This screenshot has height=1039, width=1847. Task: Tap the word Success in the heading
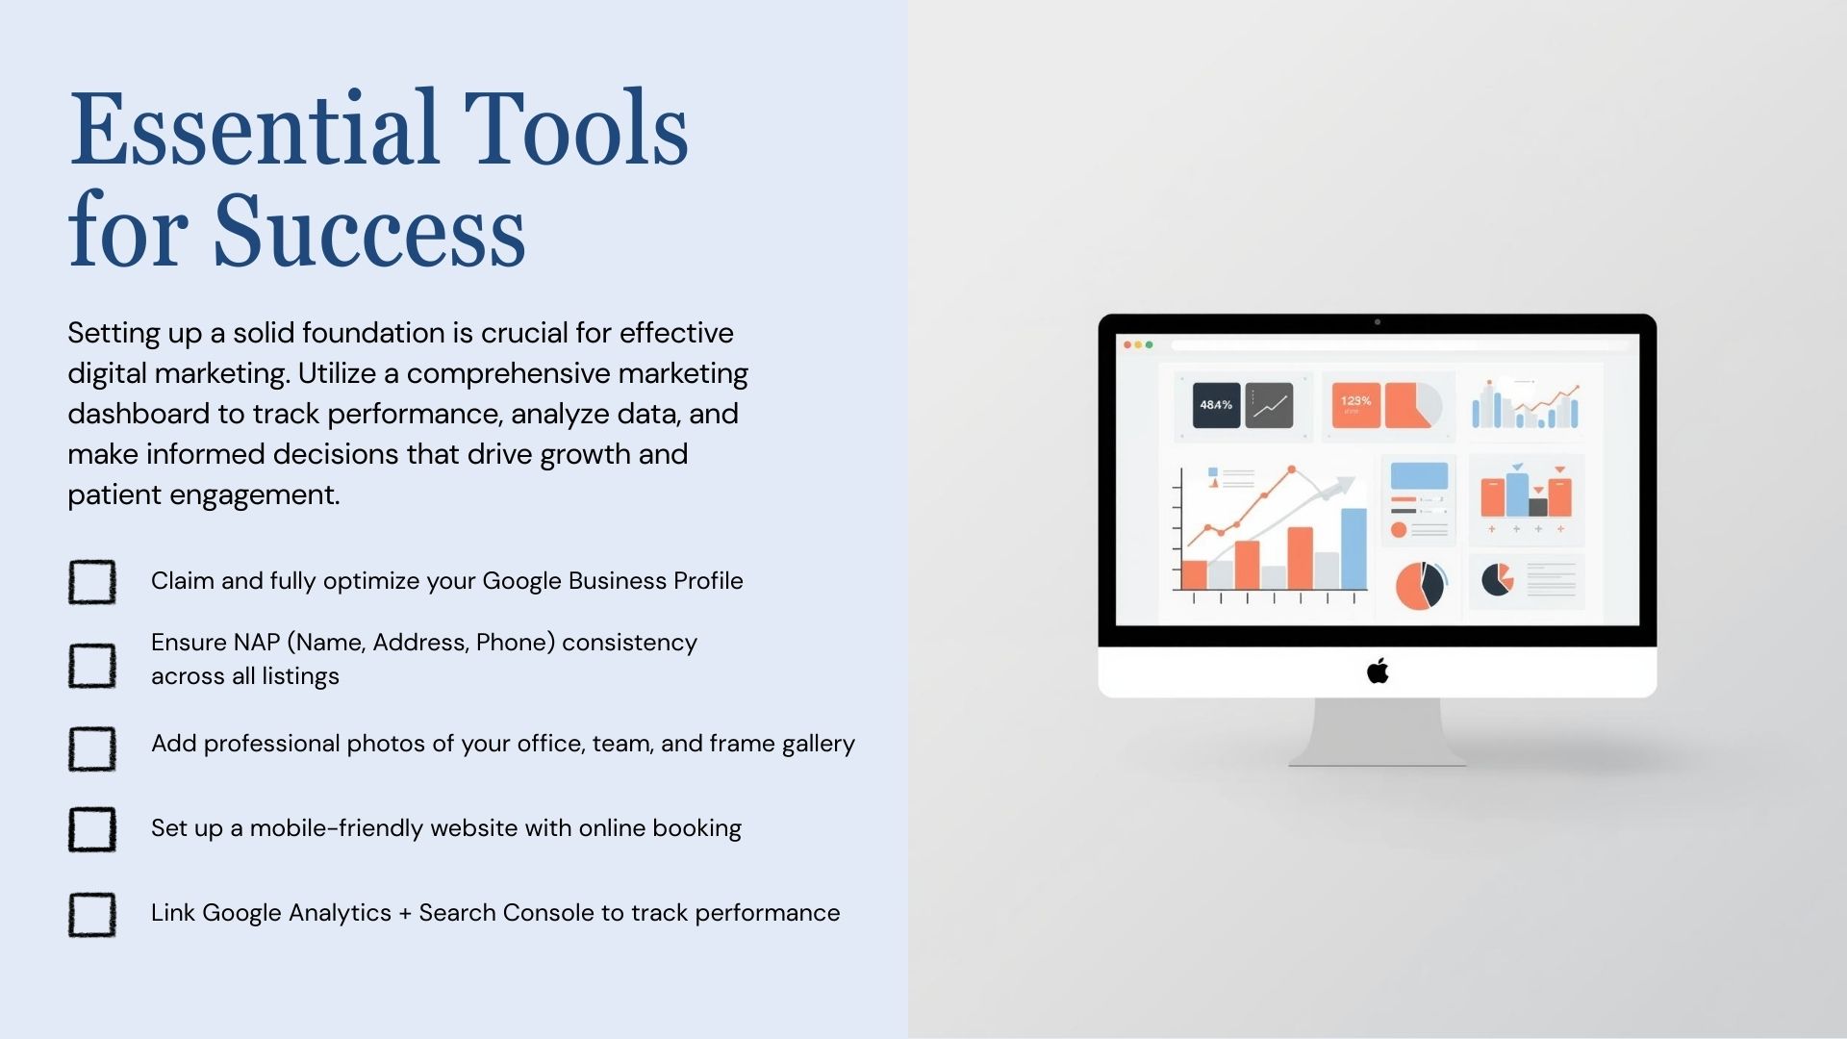point(369,231)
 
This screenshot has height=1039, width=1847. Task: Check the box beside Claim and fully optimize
point(92,582)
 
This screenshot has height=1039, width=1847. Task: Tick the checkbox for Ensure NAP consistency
point(92,666)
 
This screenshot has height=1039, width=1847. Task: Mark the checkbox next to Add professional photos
point(92,748)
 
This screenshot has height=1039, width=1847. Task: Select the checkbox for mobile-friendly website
point(92,829)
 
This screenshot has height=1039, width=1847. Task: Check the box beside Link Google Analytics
point(92,914)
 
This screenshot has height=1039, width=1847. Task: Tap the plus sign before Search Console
point(405,914)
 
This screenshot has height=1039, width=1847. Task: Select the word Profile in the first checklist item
point(708,580)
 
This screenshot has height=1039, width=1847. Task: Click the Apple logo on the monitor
point(1378,671)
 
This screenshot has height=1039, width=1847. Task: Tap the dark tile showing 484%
point(1216,405)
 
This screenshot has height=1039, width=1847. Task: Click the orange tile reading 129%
point(1355,405)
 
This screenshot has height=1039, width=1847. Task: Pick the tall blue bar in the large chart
point(1354,548)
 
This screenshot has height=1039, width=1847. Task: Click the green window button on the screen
point(1150,344)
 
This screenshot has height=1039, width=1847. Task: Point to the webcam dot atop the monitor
point(1378,322)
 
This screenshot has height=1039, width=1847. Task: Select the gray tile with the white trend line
point(1269,405)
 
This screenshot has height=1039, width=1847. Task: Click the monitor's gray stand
point(1378,731)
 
